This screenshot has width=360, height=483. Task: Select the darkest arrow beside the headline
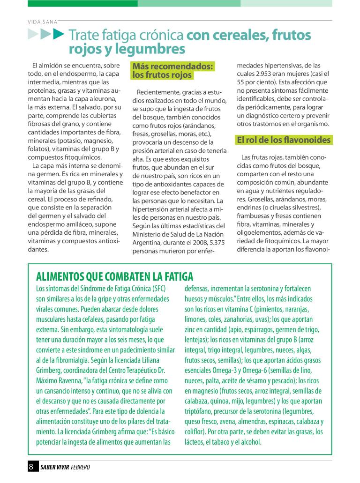(x=58, y=34)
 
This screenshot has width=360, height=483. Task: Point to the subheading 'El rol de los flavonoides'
(x=284, y=140)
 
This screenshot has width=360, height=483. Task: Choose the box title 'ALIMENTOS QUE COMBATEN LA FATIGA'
(x=115, y=277)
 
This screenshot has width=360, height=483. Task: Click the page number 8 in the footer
(x=31, y=467)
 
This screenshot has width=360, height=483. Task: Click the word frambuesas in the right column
(x=255, y=216)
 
